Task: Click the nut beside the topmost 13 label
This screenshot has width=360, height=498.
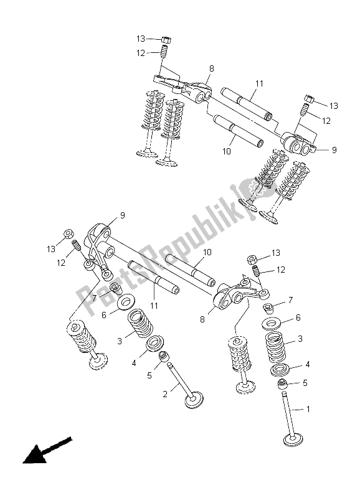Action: (166, 40)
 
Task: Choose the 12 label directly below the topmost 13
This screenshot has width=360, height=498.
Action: (141, 54)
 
